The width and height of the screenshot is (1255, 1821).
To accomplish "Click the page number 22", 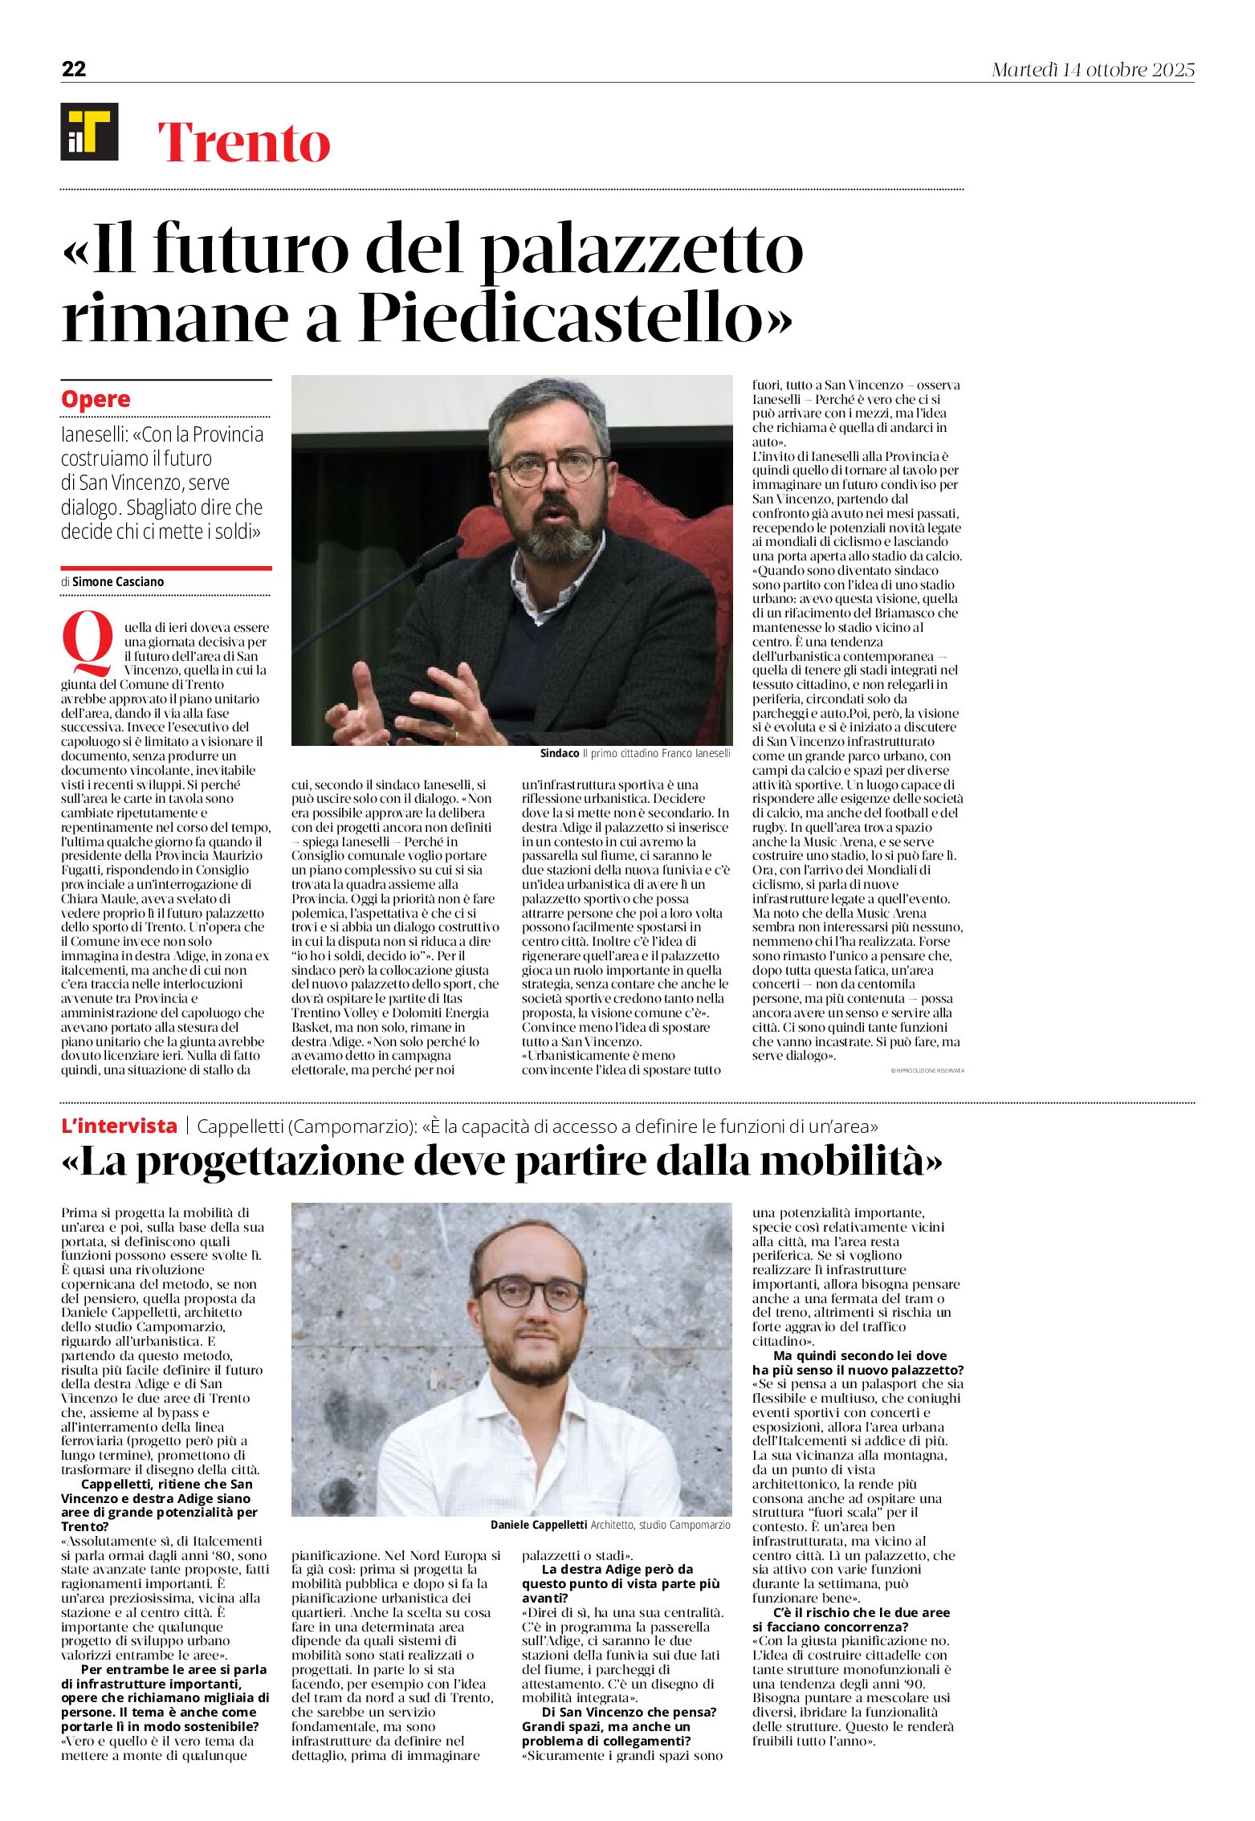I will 74,70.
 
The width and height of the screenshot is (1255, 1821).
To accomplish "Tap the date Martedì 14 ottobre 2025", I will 1092,71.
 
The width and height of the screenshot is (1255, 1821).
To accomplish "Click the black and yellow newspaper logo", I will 89,132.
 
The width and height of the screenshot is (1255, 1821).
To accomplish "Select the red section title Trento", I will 244,143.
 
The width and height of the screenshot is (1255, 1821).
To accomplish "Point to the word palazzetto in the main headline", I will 642,249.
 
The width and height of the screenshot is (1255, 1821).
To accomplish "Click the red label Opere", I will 96,399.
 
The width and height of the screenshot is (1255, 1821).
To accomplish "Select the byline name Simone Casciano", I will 118,581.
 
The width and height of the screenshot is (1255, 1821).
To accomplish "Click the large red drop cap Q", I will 88,643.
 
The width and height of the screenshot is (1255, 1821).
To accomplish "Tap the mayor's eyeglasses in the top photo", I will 552,466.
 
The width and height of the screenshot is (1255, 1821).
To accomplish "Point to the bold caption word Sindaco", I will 560,753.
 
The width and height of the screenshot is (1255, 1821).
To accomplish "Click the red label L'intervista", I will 119,1126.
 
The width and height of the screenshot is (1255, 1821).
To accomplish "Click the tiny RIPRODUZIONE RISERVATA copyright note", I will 927,1070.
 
